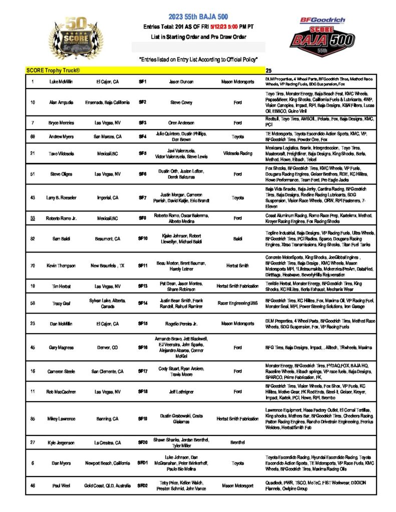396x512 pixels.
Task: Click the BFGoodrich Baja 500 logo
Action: coord(323,34)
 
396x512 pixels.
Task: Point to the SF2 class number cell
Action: coord(143,102)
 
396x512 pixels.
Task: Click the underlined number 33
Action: coord(33,218)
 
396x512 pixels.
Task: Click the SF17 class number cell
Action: coord(143,371)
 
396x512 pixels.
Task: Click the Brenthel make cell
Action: coord(238,442)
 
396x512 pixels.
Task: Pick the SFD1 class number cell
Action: coord(143,463)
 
